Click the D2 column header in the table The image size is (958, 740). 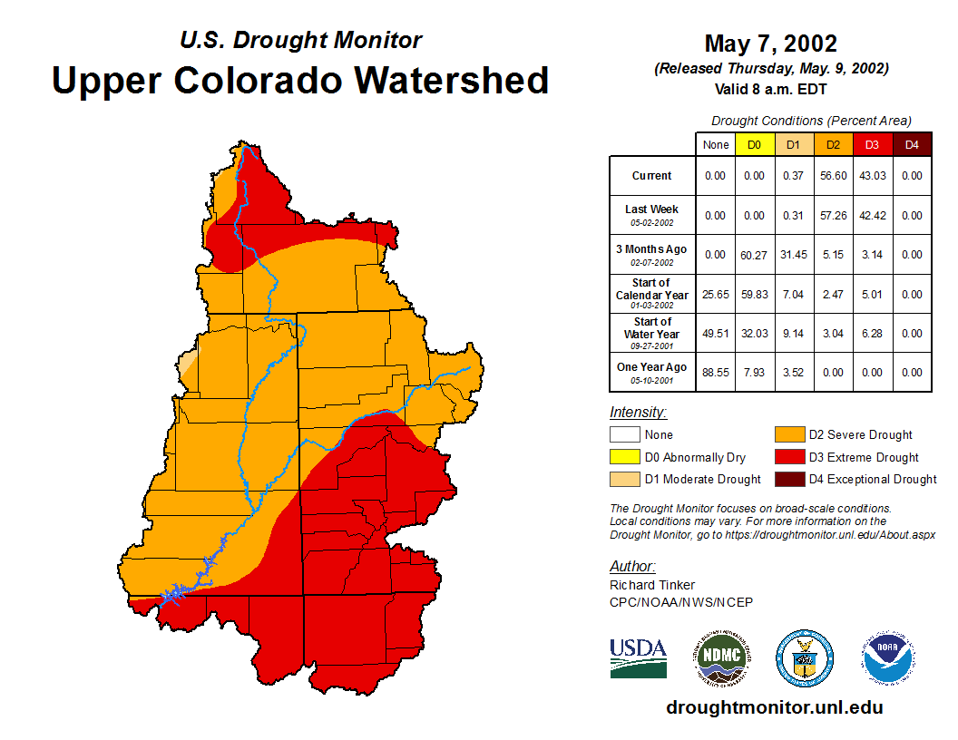(x=833, y=144)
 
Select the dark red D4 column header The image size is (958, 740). (x=912, y=144)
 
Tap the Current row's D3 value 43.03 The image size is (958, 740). (x=872, y=176)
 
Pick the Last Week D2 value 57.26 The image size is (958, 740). (x=833, y=215)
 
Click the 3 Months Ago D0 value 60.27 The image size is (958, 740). (x=754, y=255)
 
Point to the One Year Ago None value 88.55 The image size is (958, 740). (x=715, y=372)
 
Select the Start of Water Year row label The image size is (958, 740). (x=651, y=333)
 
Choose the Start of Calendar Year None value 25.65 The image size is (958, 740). (x=715, y=294)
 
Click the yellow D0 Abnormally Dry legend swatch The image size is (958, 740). (x=625, y=457)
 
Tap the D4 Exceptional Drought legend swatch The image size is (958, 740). (x=789, y=479)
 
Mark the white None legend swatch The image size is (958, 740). (x=625, y=435)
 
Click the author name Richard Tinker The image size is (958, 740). (x=651, y=585)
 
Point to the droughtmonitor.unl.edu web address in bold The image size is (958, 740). (x=774, y=707)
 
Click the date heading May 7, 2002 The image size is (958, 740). (x=770, y=44)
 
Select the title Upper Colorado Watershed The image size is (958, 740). (x=300, y=81)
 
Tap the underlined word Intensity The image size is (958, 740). (x=638, y=413)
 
